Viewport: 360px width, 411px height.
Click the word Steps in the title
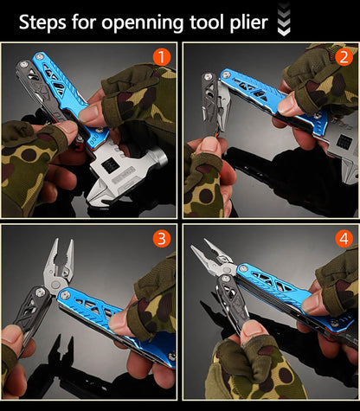45,22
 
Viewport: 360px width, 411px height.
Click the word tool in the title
206,22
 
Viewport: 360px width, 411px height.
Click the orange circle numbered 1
161,57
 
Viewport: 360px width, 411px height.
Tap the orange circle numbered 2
343,57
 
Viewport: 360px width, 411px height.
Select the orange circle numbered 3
161,239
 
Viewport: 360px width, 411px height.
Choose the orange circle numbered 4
343,239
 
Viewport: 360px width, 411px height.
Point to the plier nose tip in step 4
208,246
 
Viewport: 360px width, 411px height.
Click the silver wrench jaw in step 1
121,173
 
